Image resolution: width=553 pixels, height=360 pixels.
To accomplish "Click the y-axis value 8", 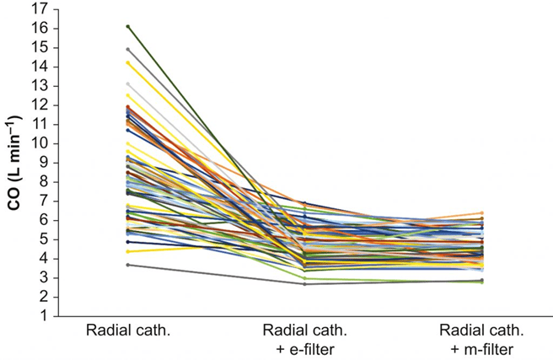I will point(43,181).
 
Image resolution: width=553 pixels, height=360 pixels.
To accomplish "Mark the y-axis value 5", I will point(43,239).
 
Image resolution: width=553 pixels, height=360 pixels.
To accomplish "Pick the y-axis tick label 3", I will point(43,277).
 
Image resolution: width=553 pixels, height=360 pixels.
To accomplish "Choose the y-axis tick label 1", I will point(43,316).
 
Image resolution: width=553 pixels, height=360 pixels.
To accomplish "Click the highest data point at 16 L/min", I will point(127,26).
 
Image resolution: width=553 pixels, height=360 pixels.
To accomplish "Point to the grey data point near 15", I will point(127,49).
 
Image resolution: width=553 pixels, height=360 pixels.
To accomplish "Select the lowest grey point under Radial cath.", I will point(127,265).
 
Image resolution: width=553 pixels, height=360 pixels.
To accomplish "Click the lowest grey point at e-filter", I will point(304,284).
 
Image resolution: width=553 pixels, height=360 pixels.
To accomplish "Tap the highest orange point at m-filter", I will point(481,213).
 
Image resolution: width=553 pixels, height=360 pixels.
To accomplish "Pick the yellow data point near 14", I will point(127,62).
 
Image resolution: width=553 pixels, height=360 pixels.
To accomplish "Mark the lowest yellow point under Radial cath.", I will point(127,251).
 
